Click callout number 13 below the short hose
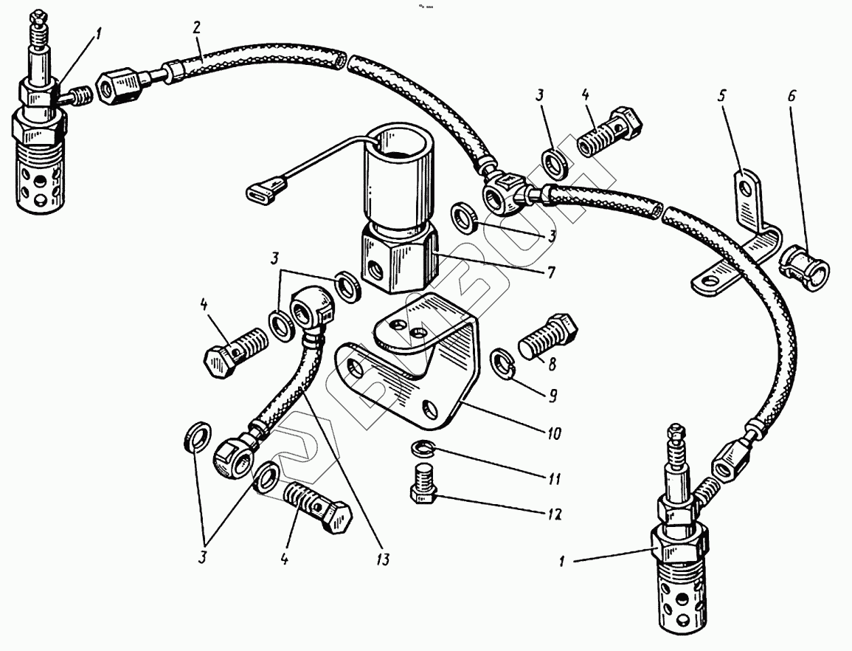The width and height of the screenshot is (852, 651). (x=381, y=561)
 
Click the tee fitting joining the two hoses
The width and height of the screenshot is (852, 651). (x=505, y=190)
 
